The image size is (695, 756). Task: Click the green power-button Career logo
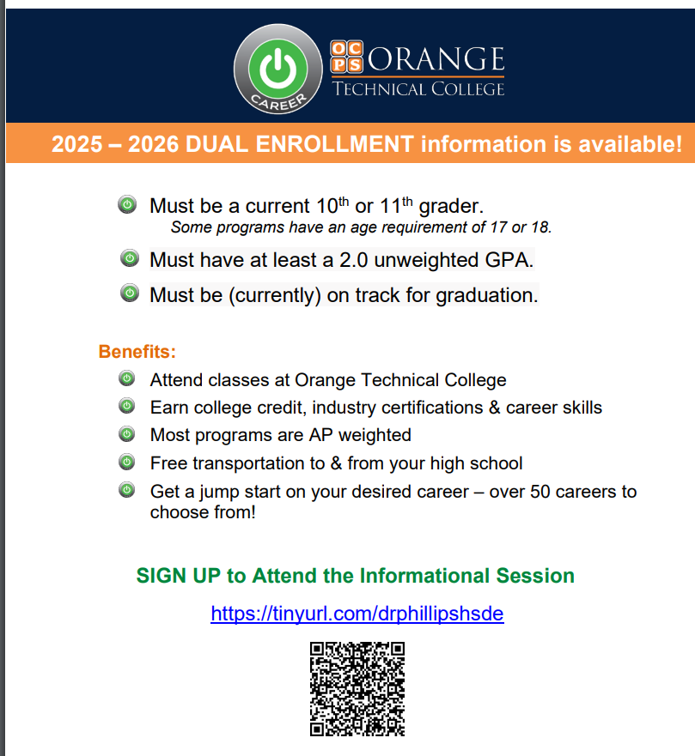point(278,69)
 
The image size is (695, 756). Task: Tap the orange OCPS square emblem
point(346,57)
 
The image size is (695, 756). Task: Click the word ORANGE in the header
point(436,59)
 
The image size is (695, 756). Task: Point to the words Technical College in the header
point(418,89)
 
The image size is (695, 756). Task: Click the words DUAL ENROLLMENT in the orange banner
point(299,144)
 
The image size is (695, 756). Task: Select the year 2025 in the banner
point(77,144)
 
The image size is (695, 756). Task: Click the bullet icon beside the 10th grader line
point(127,204)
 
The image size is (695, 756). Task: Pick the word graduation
point(487,295)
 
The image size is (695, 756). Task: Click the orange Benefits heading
point(137,352)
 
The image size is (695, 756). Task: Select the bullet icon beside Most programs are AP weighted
point(127,434)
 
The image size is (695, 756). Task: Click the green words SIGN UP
point(179,576)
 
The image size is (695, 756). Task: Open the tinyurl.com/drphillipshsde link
point(357,614)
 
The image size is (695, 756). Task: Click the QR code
point(357,689)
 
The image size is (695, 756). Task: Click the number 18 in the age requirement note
point(541,227)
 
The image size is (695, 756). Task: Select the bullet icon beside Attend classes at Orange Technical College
point(127,378)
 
